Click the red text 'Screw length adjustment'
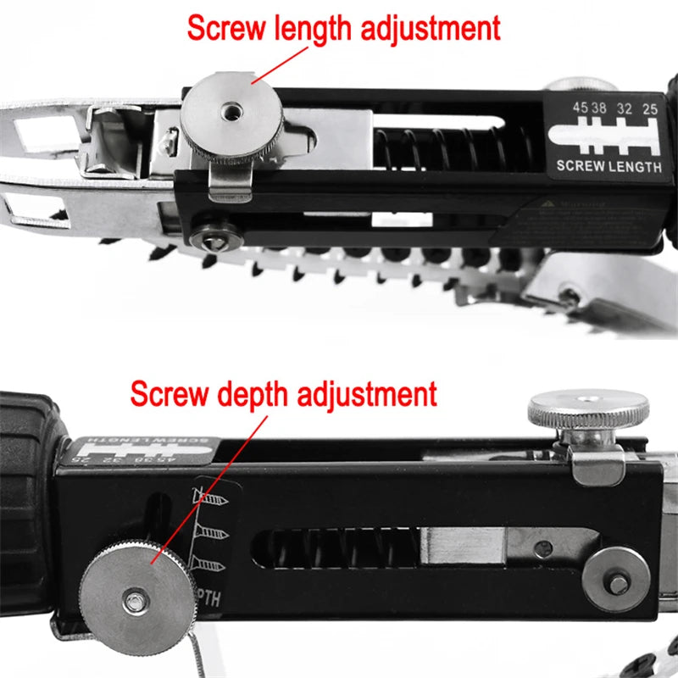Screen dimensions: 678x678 pyautogui.click(x=343, y=27)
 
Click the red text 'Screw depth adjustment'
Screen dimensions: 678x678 pyautogui.click(x=283, y=394)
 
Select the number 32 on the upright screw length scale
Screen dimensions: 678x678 pyautogui.click(x=625, y=108)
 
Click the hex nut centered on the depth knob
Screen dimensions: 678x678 pyautogui.click(x=134, y=601)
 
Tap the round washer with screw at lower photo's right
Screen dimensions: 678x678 pyautogui.click(x=616, y=582)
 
